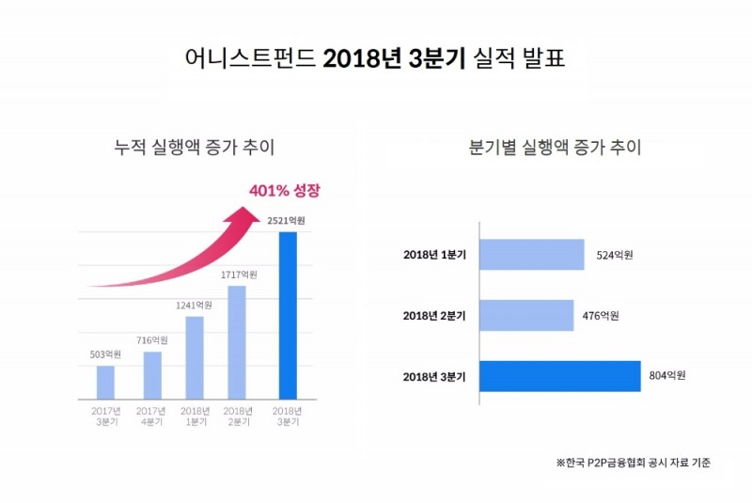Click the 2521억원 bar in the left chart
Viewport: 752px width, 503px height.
click(288, 315)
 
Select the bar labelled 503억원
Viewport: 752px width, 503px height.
click(105, 382)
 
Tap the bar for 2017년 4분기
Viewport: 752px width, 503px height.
click(152, 375)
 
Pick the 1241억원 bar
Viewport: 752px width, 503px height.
click(195, 357)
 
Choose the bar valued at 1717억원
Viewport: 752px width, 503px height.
click(238, 342)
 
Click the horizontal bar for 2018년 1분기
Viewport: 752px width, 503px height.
click(532, 255)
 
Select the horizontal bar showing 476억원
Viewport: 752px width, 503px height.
click(527, 315)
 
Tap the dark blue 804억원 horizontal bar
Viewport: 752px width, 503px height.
click(560, 376)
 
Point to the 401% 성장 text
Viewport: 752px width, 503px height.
click(285, 191)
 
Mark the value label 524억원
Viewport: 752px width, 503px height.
click(616, 255)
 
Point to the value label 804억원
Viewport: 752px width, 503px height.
click(667, 376)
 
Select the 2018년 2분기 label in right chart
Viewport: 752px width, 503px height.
click(435, 315)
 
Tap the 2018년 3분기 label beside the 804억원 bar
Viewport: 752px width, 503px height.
click(435, 376)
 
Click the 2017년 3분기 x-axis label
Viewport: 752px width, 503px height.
click(105, 417)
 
